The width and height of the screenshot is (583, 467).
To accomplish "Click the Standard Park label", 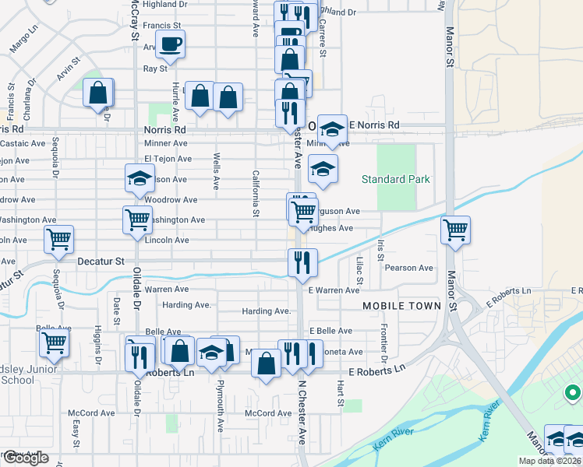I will point(395,180).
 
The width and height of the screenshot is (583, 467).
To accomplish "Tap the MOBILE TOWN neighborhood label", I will point(402,306).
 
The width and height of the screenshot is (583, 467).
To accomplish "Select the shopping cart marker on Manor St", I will point(455,229).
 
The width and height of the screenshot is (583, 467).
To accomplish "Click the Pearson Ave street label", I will point(414,269).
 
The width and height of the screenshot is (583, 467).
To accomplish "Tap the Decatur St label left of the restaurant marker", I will point(101,262).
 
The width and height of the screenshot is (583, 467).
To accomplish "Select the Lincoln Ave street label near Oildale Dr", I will point(167,241).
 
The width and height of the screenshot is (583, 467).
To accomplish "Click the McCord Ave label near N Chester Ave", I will point(268,413).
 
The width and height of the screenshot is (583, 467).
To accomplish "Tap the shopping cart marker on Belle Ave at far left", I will point(54,341).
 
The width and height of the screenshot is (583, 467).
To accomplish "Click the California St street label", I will point(255,192).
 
